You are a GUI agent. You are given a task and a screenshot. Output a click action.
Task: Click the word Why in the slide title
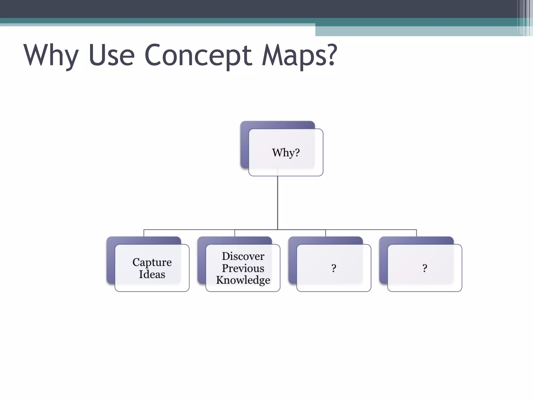coord(51,55)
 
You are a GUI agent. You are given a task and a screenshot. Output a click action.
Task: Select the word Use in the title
coord(112,55)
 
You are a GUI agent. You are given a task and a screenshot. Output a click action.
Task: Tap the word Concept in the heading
coord(198,55)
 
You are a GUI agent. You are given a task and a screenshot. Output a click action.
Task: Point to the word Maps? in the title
coord(299,55)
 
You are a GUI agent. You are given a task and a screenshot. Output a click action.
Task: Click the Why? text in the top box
coord(286,153)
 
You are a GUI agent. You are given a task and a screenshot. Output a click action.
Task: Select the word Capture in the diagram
coord(152,262)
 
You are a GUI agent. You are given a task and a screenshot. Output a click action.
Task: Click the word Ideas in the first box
coord(152,274)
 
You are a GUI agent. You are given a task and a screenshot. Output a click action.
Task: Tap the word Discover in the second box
coord(243,256)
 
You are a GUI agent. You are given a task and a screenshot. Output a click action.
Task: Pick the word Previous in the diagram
coord(243,268)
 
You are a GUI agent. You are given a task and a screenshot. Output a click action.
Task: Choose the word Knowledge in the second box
coord(243,280)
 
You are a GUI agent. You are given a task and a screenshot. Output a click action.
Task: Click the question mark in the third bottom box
coord(334,268)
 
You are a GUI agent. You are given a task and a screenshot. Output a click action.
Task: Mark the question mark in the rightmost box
coord(425,268)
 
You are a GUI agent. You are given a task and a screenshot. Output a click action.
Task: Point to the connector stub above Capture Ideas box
coord(144,233)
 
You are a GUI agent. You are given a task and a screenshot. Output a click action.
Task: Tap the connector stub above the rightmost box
coord(416,233)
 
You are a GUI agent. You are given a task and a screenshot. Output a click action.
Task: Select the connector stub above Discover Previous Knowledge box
coord(234,233)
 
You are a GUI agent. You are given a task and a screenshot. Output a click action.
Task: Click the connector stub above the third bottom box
coord(326,233)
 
